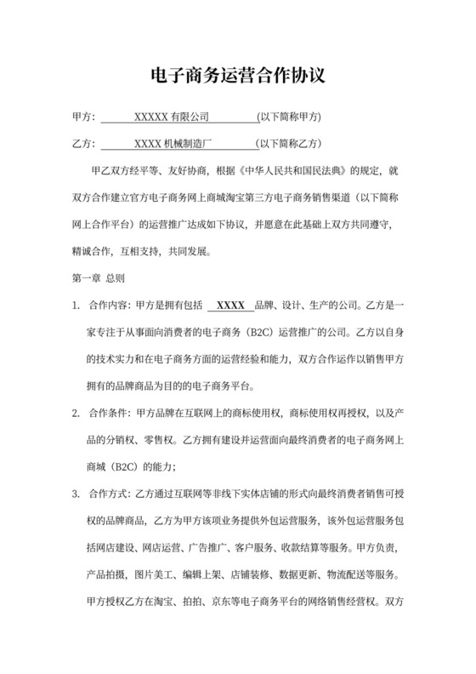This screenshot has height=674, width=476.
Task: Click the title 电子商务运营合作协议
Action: coord(237,76)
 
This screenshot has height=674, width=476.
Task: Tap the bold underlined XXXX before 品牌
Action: coord(231,305)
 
